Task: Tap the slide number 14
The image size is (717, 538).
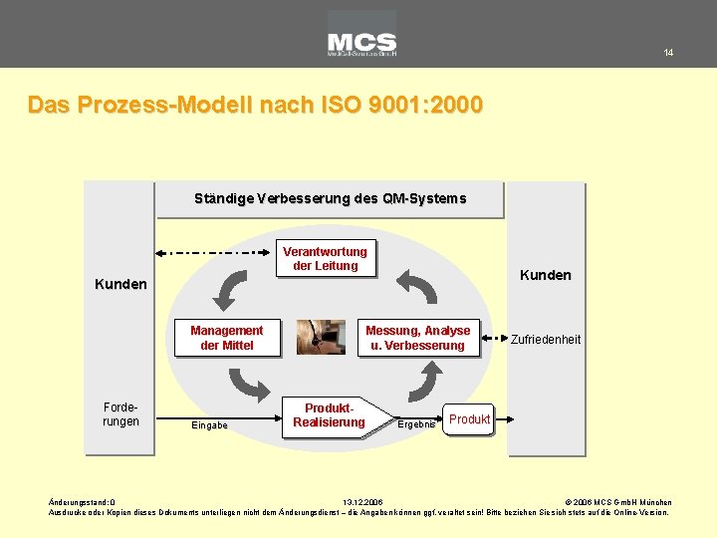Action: click(668, 53)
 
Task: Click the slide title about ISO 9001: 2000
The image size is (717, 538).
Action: click(256, 105)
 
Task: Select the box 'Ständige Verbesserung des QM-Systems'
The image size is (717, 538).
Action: click(330, 198)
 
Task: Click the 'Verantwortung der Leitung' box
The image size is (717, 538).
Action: click(326, 258)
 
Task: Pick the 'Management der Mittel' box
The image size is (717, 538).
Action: click(227, 338)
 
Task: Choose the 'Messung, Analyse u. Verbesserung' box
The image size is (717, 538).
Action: click(418, 338)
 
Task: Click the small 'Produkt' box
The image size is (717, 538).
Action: click(469, 419)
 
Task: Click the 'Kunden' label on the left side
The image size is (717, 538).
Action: click(120, 284)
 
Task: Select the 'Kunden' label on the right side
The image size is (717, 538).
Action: click(546, 275)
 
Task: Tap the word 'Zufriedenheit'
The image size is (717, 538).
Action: click(546, 340)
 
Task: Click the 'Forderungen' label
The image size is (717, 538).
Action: click(120, 414)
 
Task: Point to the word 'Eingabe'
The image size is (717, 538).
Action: click(209, 425)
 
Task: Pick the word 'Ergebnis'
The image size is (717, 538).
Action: click(416, 425)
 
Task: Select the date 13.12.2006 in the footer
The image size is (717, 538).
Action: click(361, 502)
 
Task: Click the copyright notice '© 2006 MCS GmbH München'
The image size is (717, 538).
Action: click(617, 502)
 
